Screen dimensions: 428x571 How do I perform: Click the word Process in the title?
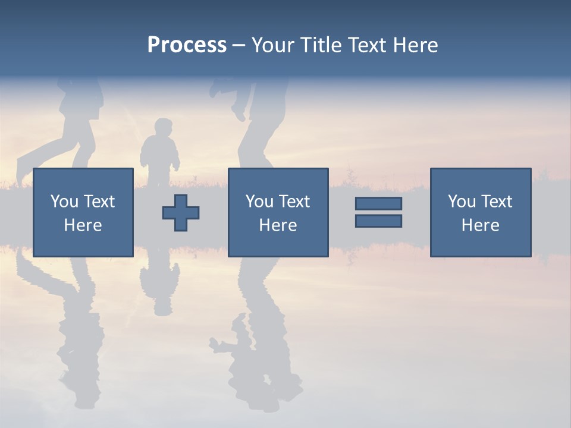coord(187,45)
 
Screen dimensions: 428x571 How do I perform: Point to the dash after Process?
coord(239,46)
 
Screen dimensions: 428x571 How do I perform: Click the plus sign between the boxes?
coord(181,212)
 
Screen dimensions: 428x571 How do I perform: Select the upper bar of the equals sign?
coord(378,203)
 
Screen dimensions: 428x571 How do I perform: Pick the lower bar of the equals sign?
coord(378,221)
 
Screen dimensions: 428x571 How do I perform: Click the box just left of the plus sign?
coord(83,212)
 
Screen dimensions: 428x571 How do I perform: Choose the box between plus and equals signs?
coord(278,212)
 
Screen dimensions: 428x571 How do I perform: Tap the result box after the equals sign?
coord(480,212)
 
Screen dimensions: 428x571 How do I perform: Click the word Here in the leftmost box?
coord(83,225)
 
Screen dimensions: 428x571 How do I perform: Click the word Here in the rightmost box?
coord(480,225)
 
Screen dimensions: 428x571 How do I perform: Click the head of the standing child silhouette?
coord(162,128)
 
